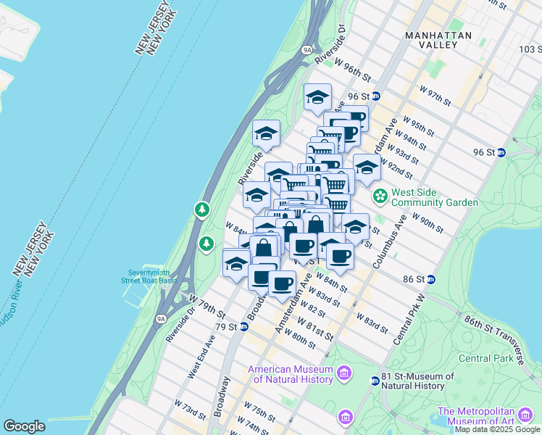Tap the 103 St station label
pos(529,49)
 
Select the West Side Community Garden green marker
pos(380,196)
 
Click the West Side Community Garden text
pos(435,197)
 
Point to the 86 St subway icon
pos(430,279)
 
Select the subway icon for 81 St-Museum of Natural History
pos(375,381)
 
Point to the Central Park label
pos(485,358)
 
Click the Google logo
pos(25,426)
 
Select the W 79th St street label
pos(207,305)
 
